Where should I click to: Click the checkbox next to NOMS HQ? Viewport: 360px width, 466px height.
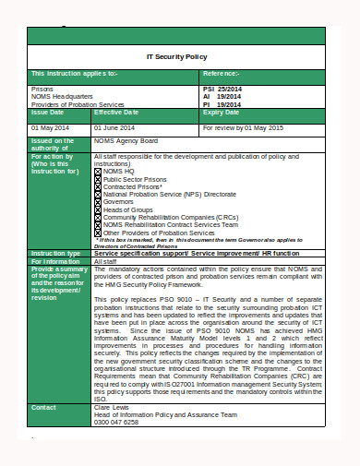coord(99,172)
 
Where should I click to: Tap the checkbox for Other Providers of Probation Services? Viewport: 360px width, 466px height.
coord(99,233)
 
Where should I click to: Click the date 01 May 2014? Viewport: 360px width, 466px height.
coord(50,126)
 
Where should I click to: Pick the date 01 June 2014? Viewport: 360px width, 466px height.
coord(114,126)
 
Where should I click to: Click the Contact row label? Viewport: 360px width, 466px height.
coord(44,407)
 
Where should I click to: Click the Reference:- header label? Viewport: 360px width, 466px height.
coord(221,72)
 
